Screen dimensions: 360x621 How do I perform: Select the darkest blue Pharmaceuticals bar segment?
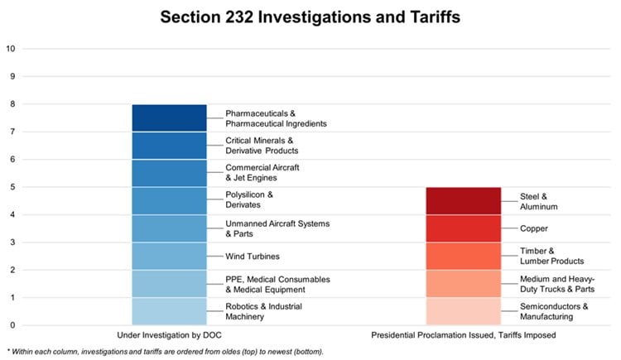click(169, 118)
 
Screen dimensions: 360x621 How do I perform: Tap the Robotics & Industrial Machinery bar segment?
click(169, 311)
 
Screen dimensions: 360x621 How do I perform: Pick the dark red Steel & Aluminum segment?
click(463, 201)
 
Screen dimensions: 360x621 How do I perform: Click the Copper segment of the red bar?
click(463, 228)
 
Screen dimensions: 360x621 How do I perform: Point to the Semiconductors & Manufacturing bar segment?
click(463, 311)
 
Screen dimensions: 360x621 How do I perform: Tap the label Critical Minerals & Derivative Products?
click(262, 146)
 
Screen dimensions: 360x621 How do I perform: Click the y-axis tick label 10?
click(11, 49)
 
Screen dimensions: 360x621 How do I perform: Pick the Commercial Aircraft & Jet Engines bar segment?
click(169, 173)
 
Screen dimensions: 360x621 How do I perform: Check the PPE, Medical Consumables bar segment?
click(169, 284)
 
